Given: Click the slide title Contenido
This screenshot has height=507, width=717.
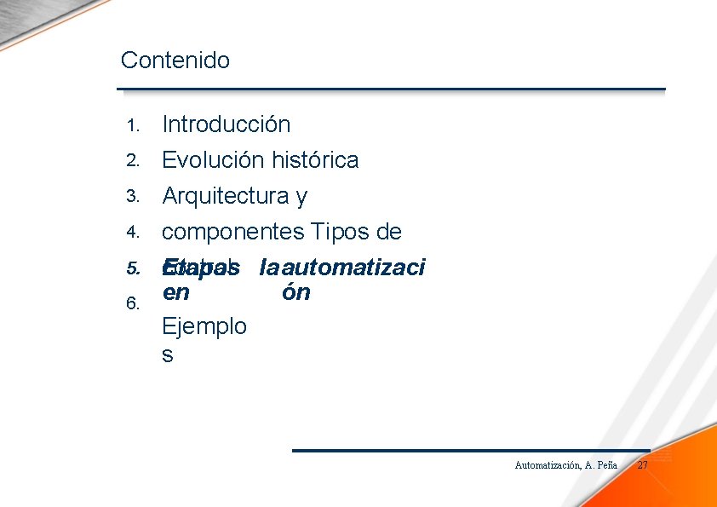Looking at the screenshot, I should pyautogui.click(x=175, y=60).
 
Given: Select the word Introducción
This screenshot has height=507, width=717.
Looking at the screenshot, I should pyautogui.click(x=226, y=124).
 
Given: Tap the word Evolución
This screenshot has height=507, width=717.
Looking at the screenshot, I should pyautogui.click(x=213, y=160).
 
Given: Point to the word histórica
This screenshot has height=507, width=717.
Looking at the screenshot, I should pyautogui.click(x=315, y=160).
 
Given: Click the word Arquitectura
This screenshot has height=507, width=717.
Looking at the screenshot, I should pyautogui.click(x=226, y=196).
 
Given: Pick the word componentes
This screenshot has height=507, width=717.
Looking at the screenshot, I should pyautogui.click(x=233, y=232).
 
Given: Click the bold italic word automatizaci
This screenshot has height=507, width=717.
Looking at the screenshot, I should pyautogui.click(x=353, y=268).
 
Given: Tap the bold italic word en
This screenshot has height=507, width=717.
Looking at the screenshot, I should pyautogui.click(x=175, y=293).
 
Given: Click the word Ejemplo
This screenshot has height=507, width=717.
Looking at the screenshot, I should pyautogui.click(x=204, y=326).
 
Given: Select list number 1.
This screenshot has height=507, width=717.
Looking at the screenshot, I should pyautogui.click(x=132, y=125).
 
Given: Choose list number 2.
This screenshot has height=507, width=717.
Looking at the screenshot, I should pyautogui.click(x=132, y=161).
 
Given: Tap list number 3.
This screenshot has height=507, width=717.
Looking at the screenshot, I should pyautogui.click(x=132, y=197).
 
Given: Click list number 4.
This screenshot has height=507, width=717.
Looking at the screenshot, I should pyautogui.click(x=132, y=233).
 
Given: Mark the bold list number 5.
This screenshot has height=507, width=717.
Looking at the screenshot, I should pyautogui.click(x=132, y=268).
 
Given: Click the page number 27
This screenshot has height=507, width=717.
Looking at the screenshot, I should pyautogui.click(x=643, y=465).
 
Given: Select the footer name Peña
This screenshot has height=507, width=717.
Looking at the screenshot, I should pyautogui.click(x=607, y=465).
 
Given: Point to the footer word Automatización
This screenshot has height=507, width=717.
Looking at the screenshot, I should pyautogui.click(x=547, y=465).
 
